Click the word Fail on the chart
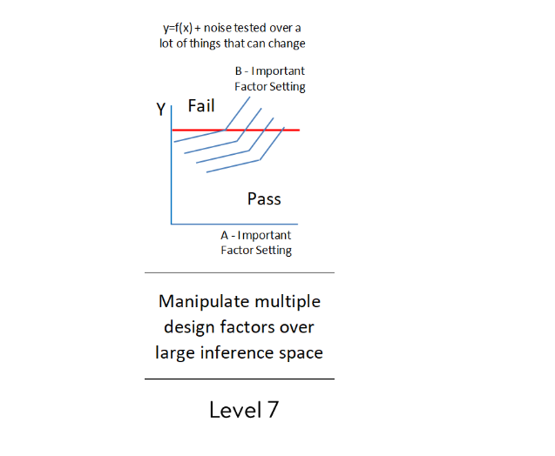click(x=201, y=106)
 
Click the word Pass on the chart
click(x=264, y=198)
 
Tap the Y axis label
click(x=160, y=110)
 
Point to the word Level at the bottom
click(x=234, y=410)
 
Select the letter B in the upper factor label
click(x=239, y=70)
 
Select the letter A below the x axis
click(x=225, y=235)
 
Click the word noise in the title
click(x=219, y=28)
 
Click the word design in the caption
click(x=187, y=327)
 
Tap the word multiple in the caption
click(x=287, y=302)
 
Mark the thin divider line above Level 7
click(x=239, y=379)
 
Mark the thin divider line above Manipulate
click(x=239, y=272)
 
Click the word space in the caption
click(x=299, y=352)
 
